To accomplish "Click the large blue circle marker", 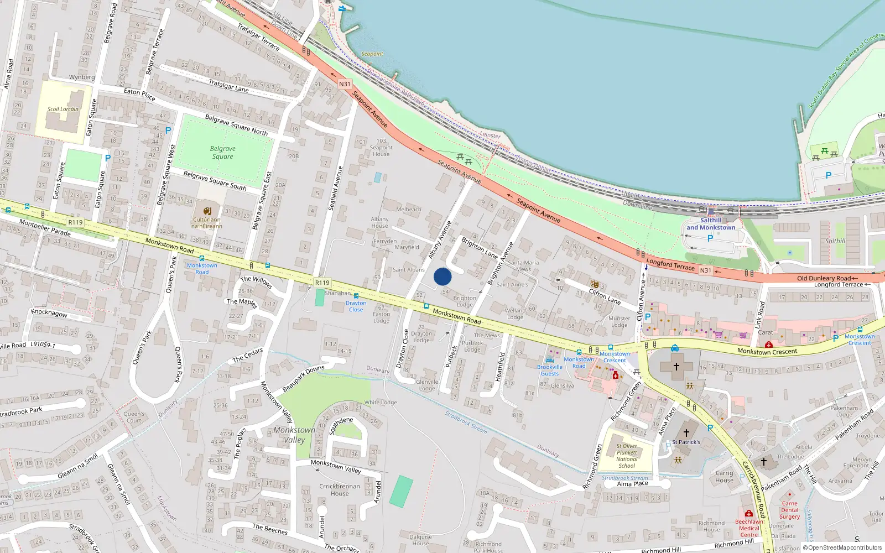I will [x=442, y=276].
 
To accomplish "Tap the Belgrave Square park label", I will [x=222, y=153].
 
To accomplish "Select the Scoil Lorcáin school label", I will [x=63, y=109].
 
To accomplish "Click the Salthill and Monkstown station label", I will [x=711, y=224].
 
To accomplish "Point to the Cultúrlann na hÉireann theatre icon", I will [x=207, y=211].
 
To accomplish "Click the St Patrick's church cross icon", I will [x=686, y=433].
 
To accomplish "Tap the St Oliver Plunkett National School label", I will [x=627, y=456].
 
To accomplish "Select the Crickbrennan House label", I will [x=340, y=490].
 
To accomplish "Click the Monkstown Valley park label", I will [x=294, y=435].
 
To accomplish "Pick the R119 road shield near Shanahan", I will [x=322, y=283].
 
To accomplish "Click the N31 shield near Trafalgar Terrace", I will [x=345, y=84].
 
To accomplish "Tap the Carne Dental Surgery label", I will [x=790, y=510].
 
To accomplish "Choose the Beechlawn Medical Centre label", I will [x=749, y=528].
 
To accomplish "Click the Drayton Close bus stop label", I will [x=356, y=306].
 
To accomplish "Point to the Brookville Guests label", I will [x=550, y=370].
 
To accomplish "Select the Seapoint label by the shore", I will [x=372, y=54].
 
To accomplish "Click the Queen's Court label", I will [x=134, y=417].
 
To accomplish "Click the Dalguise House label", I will [x=420, y=540].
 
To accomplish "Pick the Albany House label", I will [x=379, y=222].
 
